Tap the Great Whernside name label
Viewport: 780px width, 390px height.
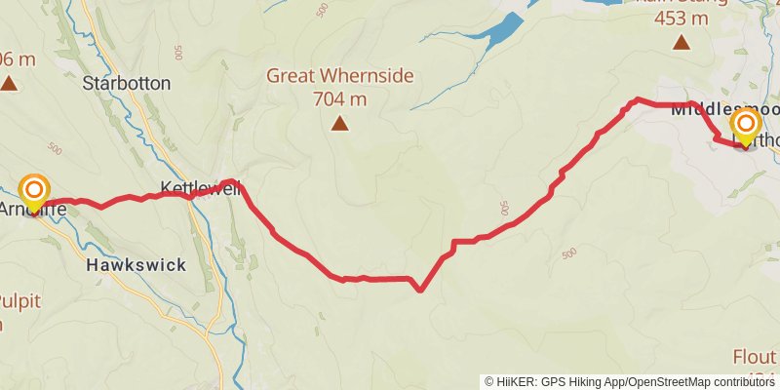click(x=340, y=76)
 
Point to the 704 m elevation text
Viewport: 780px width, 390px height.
click(x=340, y=97)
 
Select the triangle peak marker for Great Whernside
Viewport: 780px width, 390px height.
click(x=339, y=123)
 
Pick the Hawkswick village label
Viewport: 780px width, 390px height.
click(x=136, y=264)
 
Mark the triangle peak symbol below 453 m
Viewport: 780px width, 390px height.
click(x=681, y=42)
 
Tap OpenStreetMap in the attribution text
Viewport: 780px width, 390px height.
click(x=663, y=382)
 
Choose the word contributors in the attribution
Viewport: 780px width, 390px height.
click(x=742, y=382)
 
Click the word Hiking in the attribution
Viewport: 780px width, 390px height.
click(x=594, y=382)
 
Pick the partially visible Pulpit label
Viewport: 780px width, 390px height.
click(x=19, y=300)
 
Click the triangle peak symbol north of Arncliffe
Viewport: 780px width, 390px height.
click(x=9, y=84)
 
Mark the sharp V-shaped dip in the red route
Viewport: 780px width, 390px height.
click(x=419, y=289)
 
